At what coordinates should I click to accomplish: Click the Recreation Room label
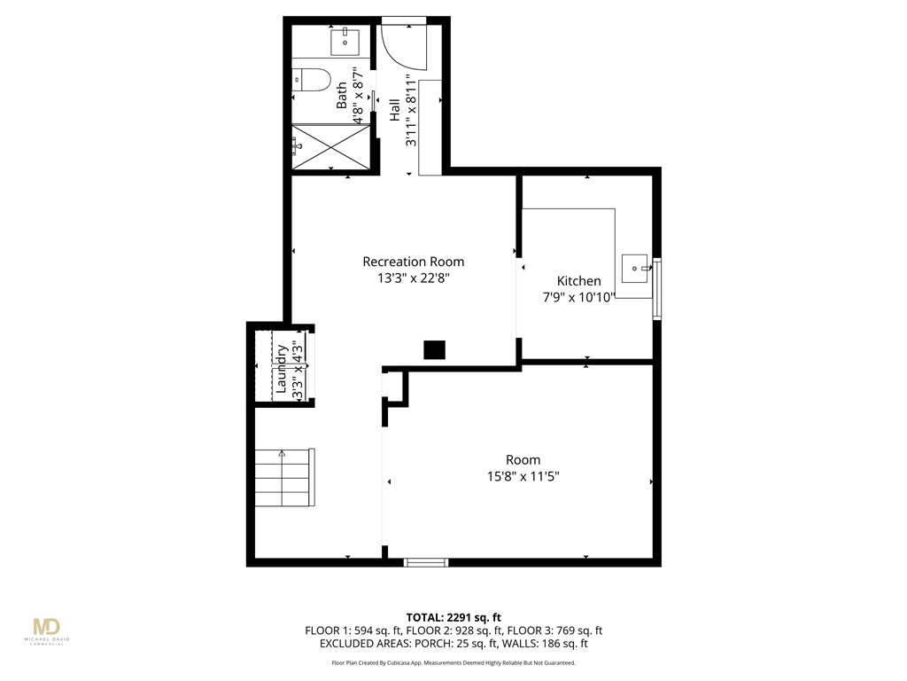(x=413, y=262)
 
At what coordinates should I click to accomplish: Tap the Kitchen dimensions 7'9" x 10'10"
(x=578, y=298)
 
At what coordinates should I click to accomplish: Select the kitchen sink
(x=636, y=269)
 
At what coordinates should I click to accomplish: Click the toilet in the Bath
(x=311, y=79)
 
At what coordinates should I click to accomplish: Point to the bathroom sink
(x=345, y=43)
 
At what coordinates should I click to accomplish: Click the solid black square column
(x=434, y=349)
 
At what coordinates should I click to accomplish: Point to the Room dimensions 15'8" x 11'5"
(x=523, y=476)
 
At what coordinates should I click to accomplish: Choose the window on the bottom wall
(x=426, y=561)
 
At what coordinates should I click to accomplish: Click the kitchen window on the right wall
(x=657, y=288)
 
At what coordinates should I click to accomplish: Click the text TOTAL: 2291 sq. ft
(x=453, y=617)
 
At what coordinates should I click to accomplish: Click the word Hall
(x=394, y=110)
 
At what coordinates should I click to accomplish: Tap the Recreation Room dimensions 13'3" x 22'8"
(x=414, y=278)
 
